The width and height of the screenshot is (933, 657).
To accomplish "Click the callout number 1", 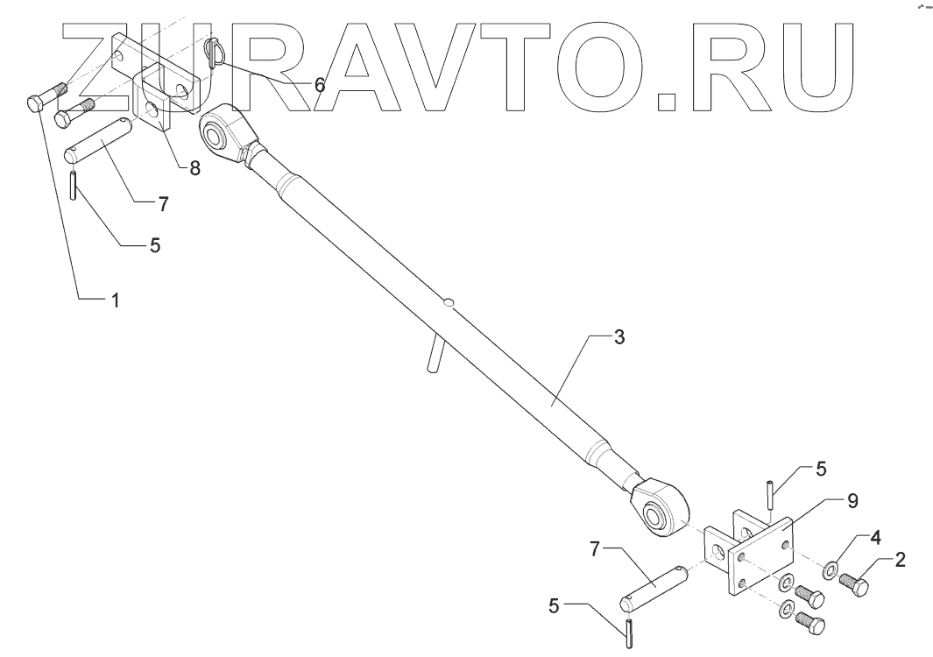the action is pos(113,300).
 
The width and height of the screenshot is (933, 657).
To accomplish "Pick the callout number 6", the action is pos(319,85).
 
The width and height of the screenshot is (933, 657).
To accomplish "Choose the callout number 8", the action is pos(194,167).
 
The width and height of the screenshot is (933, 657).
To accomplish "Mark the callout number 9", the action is pos(852,500).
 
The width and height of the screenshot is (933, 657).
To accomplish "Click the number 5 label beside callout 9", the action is pos(821,469).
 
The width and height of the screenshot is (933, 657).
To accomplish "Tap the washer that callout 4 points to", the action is pos(828,571).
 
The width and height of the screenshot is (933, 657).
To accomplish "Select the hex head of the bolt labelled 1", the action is pos(34,104).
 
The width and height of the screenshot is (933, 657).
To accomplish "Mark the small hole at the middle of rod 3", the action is pos(449,303).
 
